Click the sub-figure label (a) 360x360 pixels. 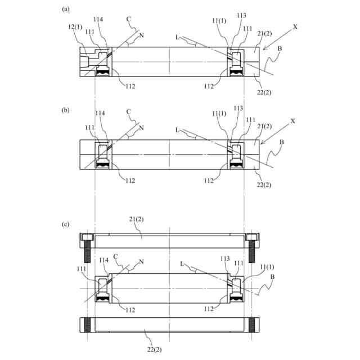pos(66,10)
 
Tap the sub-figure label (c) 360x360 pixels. pos(66,224)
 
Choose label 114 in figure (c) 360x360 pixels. pos(103,260)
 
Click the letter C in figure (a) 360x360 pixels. pos(128,19)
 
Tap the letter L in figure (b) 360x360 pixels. pos(177,130)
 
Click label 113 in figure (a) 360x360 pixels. pos(241,15)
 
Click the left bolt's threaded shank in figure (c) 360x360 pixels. pos(88,253)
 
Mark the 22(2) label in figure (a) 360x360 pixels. pos(264,92)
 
